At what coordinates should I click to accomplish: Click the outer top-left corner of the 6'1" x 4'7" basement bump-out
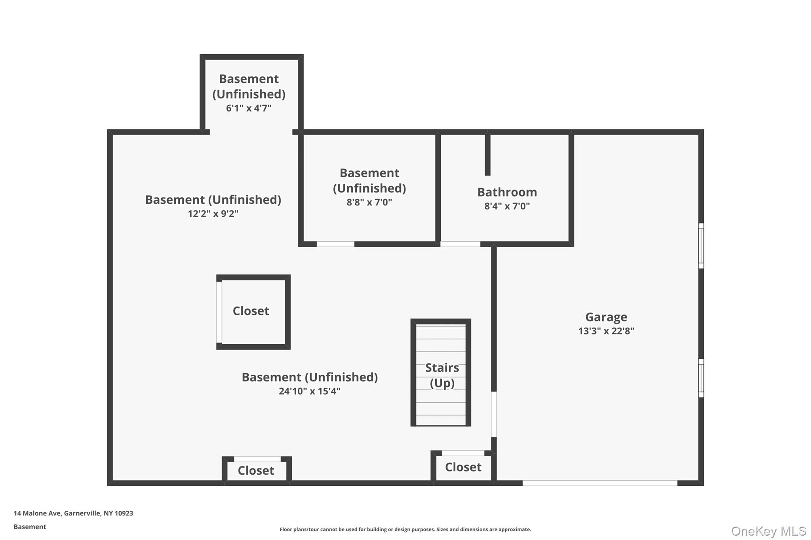[x=200, y=55]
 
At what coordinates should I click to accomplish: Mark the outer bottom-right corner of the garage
[x=703, y=485]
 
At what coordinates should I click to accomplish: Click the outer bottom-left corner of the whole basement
[x=108, y=485]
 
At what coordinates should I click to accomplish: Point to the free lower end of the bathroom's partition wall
[x=487, y=175]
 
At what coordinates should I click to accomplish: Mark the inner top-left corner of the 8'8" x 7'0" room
[x=304, y=135]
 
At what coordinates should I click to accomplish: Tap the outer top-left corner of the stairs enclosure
[x=411, y=319]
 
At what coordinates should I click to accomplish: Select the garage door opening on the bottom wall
[x=600, y=483]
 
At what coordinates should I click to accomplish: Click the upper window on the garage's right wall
[x=701, y=246]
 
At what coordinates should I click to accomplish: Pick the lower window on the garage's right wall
[x=701, y=378]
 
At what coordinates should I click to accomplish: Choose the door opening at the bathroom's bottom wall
[x=460, y=244]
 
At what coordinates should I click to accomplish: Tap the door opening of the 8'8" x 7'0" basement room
[x=335, y=244]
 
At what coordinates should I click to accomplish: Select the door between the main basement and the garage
[x=494, y=414]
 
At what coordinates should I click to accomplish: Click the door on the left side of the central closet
[x=219, y=312]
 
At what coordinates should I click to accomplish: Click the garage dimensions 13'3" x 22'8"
[x=606, y=331]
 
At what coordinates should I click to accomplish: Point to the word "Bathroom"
[x=507, y=192]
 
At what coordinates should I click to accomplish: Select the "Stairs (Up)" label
[x=442, y=375]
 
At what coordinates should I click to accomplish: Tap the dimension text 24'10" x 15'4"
[x=310, y=391]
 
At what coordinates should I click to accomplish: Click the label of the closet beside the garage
[x=463, y=467]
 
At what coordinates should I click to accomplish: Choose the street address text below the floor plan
[x=73, y=513]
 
